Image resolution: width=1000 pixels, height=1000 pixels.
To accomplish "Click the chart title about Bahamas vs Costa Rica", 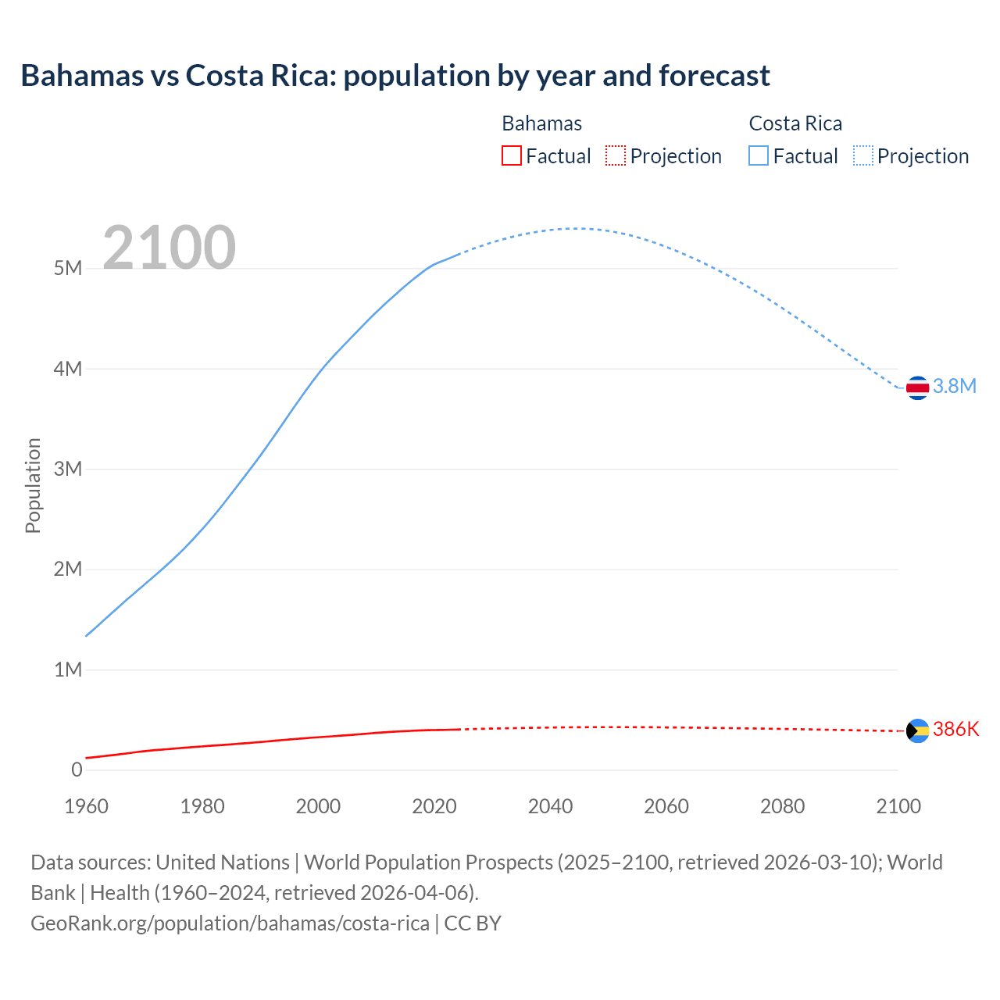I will point(395,76).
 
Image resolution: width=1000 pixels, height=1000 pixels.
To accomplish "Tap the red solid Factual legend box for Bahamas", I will point(512,155).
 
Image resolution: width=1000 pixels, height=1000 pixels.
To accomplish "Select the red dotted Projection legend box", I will point(616,155).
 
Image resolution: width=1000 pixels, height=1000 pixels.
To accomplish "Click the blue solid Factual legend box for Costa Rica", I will point(759,155).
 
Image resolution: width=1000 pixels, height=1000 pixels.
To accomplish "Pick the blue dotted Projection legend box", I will point(863,155).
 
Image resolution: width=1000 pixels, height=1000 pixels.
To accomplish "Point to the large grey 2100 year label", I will point(170,248).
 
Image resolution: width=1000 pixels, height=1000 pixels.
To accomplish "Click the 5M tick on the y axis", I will point(68,269).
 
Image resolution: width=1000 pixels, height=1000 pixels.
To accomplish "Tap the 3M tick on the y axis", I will point(68,469).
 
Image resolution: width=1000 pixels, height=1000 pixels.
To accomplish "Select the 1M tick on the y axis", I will point(68,670).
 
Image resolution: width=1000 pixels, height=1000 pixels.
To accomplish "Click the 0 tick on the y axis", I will point(77,770).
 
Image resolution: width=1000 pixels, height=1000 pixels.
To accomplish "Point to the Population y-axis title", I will point(33,485).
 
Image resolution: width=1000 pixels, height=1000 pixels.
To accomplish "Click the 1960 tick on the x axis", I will point(86,806).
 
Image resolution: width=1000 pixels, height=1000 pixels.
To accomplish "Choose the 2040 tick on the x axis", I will point(550,806).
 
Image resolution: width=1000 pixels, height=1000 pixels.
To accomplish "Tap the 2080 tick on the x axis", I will point(782,806).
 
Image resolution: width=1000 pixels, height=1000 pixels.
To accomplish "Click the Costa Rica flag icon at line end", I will point(917,387).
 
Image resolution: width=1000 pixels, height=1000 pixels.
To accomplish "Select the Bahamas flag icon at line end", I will point(917,730).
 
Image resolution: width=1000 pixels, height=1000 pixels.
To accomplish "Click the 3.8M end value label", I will point(955,386).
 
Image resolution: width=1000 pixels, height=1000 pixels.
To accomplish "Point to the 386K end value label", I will point(955,729).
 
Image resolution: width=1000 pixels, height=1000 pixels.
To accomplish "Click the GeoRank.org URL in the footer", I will point(230,923).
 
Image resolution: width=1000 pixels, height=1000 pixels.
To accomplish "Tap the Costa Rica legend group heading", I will point(795,123).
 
